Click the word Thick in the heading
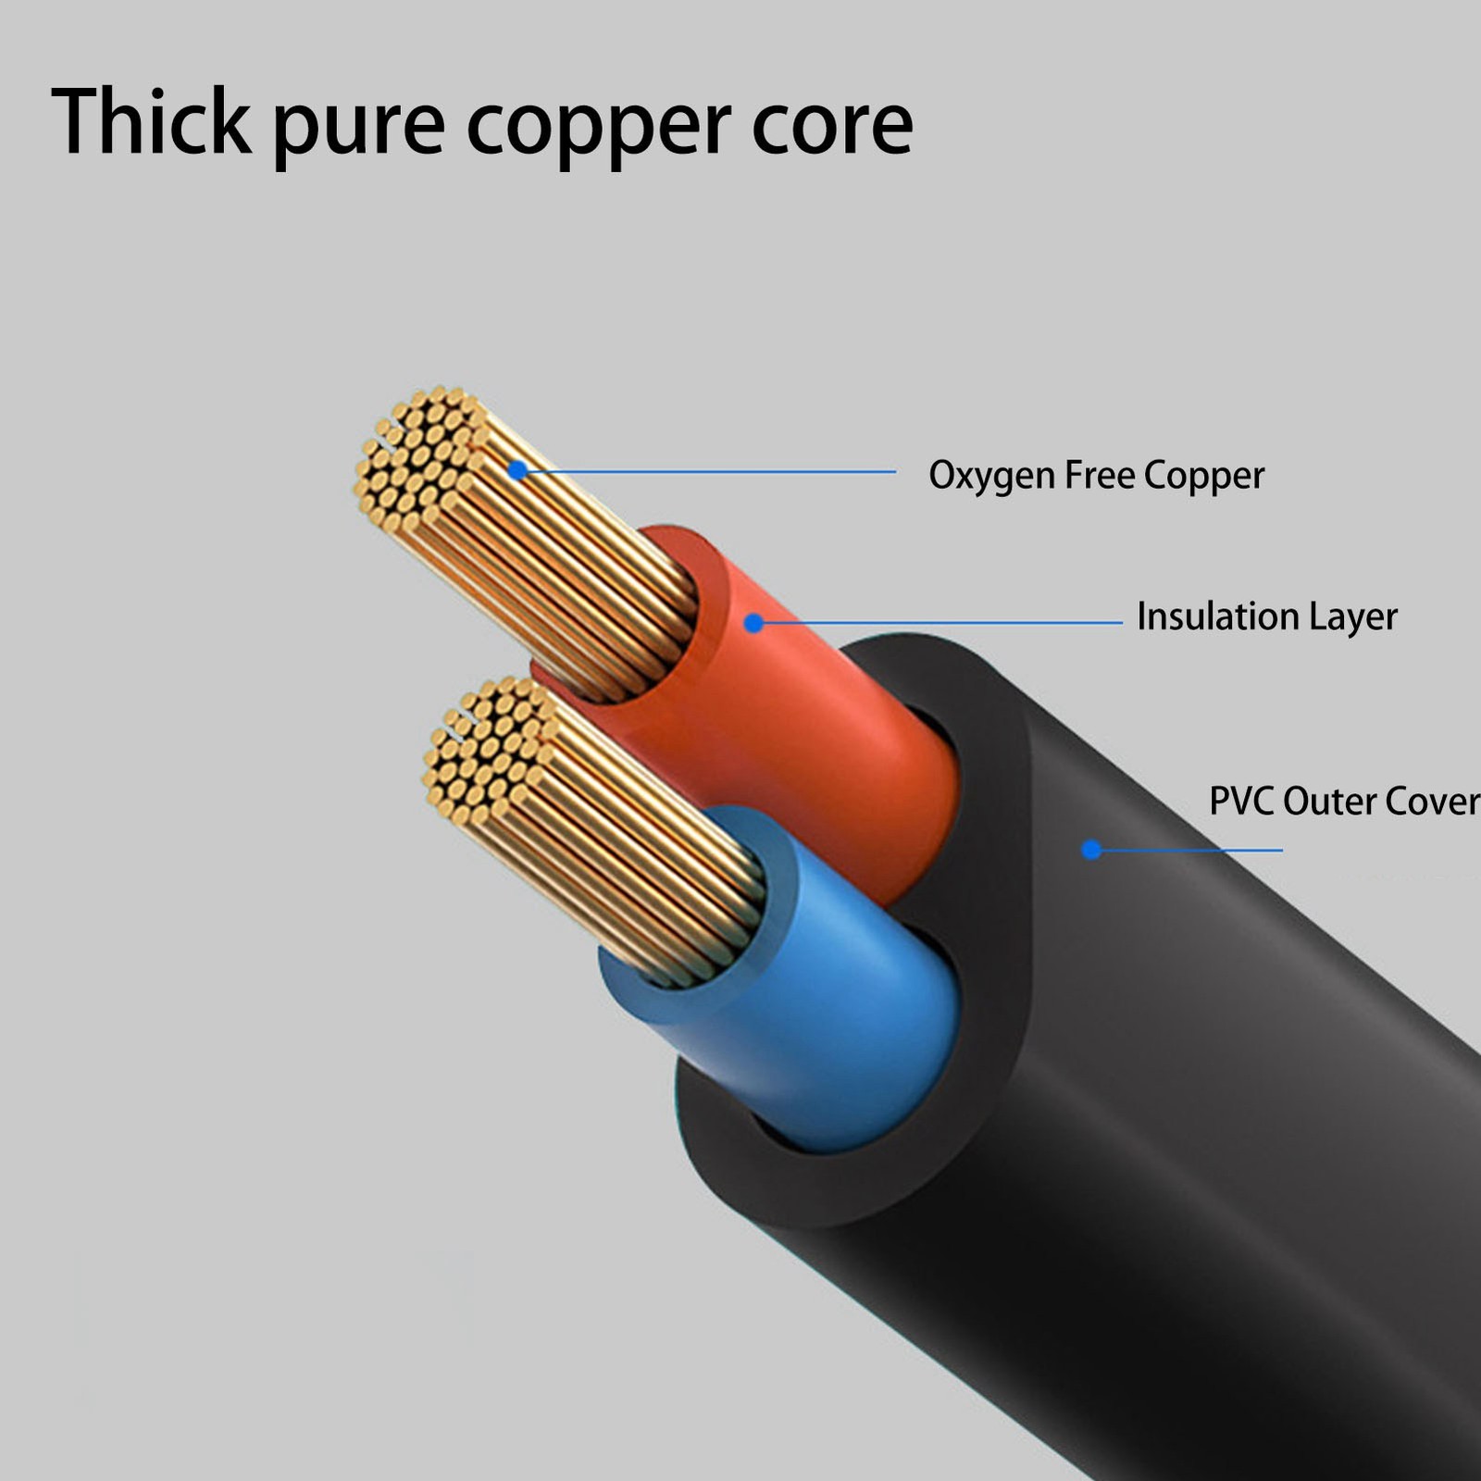point(151,122)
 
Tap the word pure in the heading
point(358,127)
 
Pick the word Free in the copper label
point(1100,475)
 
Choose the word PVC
point(1241,801)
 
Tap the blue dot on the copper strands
point(517,470)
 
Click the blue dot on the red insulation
point(753,623)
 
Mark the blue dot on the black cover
point(1091,849)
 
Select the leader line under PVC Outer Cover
point(1194,850)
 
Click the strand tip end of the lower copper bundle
point(486,750)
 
